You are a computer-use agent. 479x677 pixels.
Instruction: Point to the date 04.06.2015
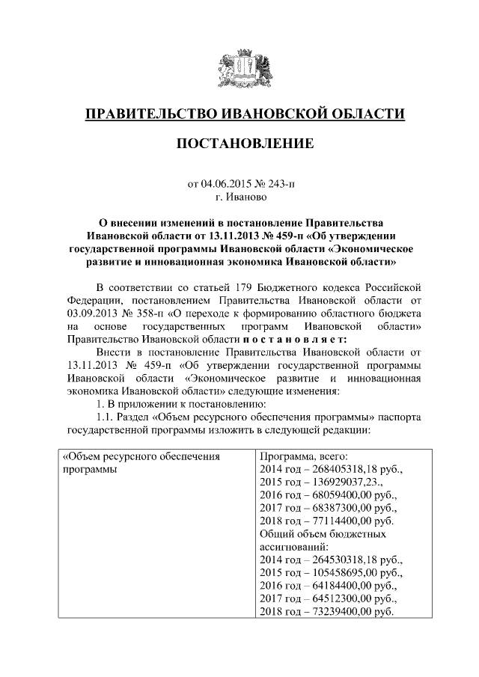227,183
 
